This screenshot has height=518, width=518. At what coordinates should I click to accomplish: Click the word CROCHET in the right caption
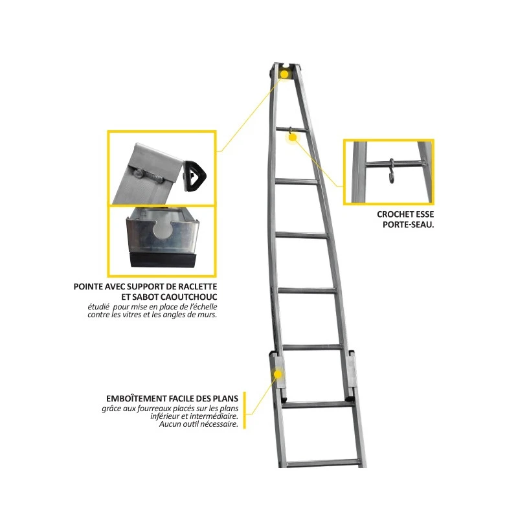tap(391, 214)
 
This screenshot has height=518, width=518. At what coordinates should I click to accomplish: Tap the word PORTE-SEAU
tap(408, 225)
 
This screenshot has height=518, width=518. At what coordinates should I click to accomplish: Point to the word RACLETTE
tap(197, 286)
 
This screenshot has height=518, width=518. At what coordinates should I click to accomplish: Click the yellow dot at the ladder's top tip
tap(284, 73)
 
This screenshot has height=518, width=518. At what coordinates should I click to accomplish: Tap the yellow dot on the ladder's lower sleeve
tap(278, 374)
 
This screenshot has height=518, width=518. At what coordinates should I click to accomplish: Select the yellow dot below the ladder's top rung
tap(293, 137)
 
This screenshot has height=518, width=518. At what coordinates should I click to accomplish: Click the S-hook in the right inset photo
tap(392, 171)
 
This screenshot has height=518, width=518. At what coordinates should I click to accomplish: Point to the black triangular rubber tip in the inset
tap(195, 175)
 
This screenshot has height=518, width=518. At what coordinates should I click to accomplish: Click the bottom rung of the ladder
tap(322, 463)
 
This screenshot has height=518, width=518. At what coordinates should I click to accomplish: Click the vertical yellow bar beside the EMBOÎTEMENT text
tap(245, 411)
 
